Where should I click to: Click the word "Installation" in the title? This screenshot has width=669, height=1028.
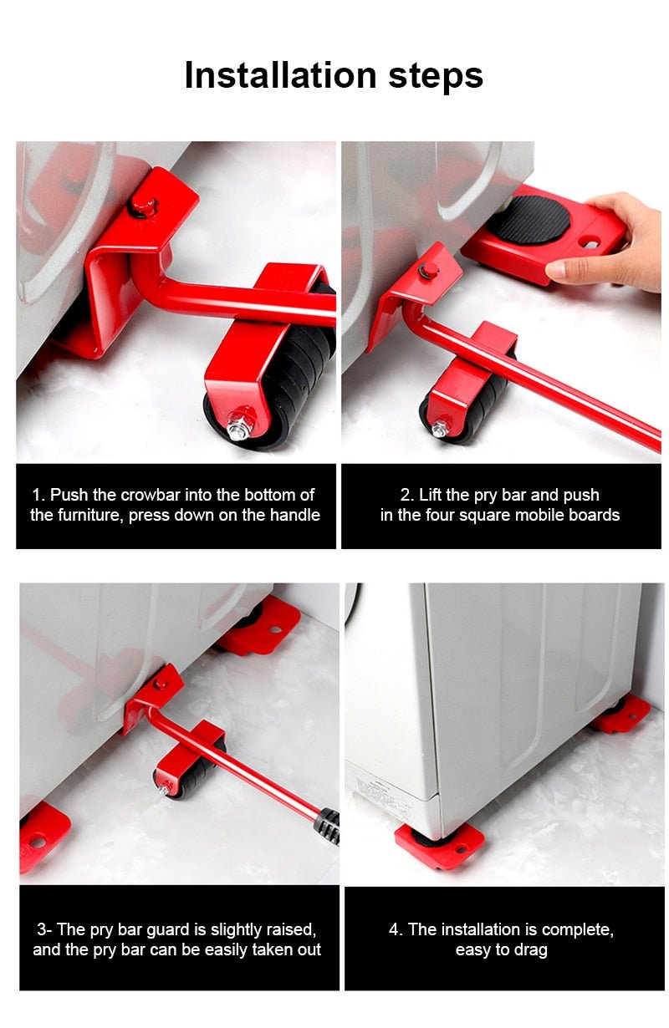tap(280, 75)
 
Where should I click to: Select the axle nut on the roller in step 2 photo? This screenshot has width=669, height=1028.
tap(438, 430)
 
